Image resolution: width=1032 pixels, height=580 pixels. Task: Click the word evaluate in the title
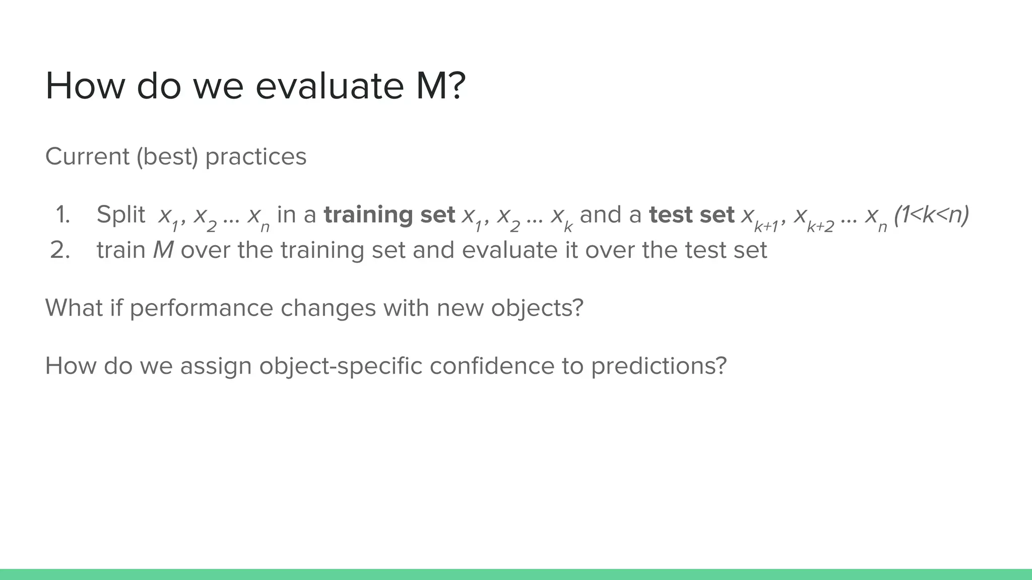pos(329,86)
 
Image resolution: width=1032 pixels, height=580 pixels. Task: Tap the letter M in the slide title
pos(431,86)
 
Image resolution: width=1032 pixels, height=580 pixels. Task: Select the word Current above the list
pos(87,157)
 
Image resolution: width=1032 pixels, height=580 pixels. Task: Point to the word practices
pos(255,157)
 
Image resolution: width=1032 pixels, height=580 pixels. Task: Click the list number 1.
pos(62,215)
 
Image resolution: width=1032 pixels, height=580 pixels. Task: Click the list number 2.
pos(60,250)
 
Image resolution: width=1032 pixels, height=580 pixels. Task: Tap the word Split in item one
pos(120,215)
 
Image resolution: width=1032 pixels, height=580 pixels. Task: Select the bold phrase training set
pos(389,215)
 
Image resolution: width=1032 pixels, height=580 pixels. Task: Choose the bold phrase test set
pos(691,215)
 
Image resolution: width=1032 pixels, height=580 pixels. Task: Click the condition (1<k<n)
pos(931,215)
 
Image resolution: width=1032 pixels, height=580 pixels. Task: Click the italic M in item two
pos(163,250)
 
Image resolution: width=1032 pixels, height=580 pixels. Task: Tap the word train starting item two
pos(121,250)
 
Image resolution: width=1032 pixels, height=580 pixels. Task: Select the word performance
pos(201,308)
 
